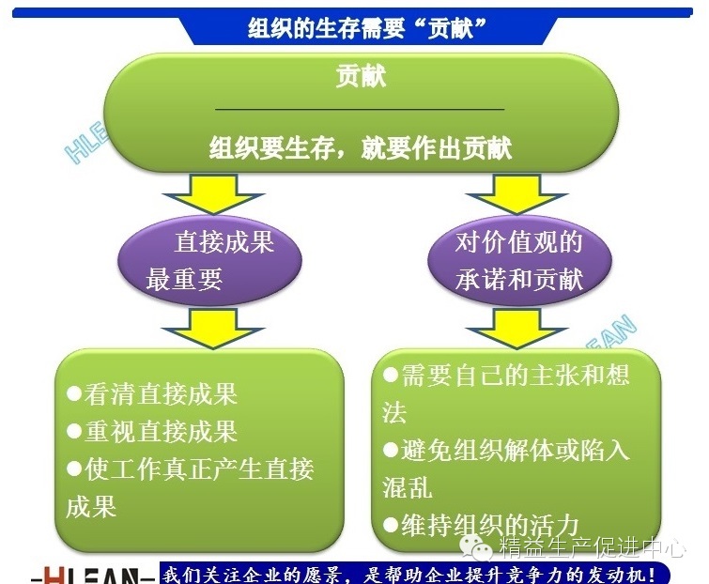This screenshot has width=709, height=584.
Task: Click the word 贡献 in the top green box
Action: (361, 77)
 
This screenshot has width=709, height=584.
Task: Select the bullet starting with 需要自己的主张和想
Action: (507, 376)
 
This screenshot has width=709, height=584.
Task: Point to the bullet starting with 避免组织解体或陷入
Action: (507, 449)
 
